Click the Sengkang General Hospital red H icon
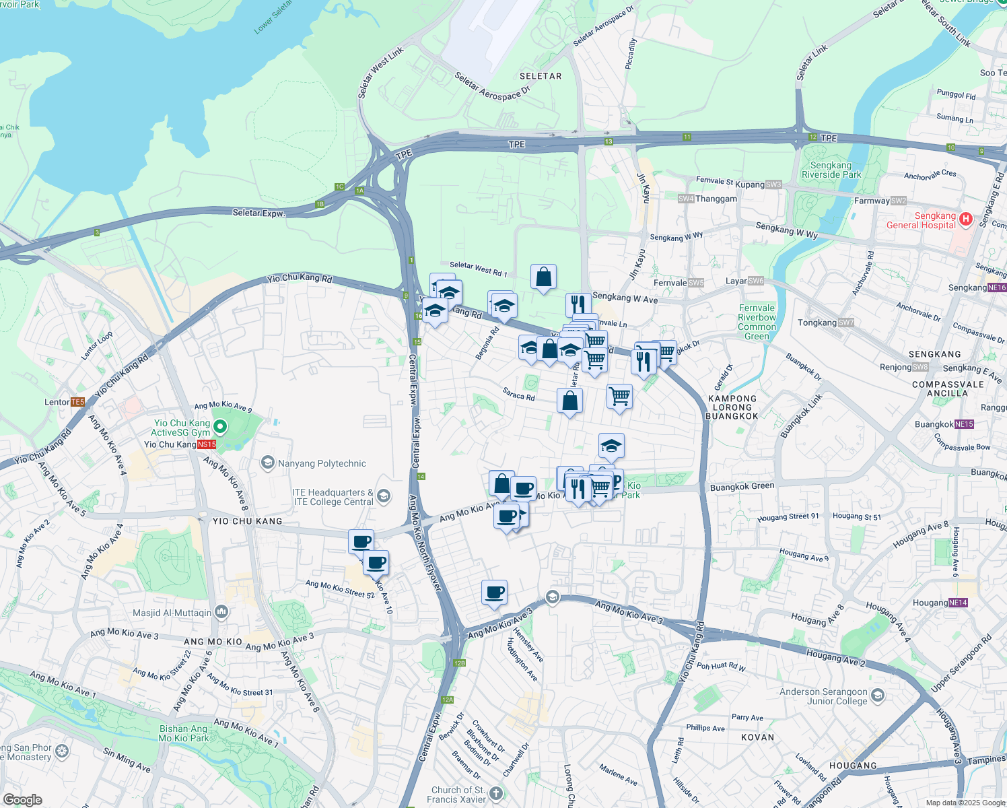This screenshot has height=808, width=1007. click(x=966, y=219)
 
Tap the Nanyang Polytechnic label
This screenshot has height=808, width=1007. click(x=322, y=463)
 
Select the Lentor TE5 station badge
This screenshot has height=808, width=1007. click(x=77, y=402)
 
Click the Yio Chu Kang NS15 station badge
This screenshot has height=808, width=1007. click(x=207, y=444)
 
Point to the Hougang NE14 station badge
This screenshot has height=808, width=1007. click(x=958, y=603)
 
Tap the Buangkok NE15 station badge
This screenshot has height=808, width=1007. click(x=964, y=424)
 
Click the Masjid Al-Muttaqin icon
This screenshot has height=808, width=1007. click(x=221, y=612)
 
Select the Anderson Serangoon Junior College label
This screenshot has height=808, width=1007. click(x=823, y=696)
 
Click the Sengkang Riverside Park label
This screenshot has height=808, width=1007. click(x=831, y=170)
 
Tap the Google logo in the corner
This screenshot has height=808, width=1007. click(x=22, y=799)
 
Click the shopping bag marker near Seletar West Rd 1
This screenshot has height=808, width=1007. click(x=543, y=277)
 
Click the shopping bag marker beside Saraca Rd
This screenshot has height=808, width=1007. click(x=569, y=401)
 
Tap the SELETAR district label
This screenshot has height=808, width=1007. click(x=541, y=76)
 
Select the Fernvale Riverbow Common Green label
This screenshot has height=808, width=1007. click(x=757, y=322)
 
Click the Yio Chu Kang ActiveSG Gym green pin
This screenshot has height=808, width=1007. click(x=220, y=427)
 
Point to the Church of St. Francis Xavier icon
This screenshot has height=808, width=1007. click(x=496, y=793)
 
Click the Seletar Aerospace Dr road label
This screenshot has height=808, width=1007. click(x=493, y=87)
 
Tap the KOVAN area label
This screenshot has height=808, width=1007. click(x=757, y=737)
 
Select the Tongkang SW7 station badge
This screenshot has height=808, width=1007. click(x=846, y=323)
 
